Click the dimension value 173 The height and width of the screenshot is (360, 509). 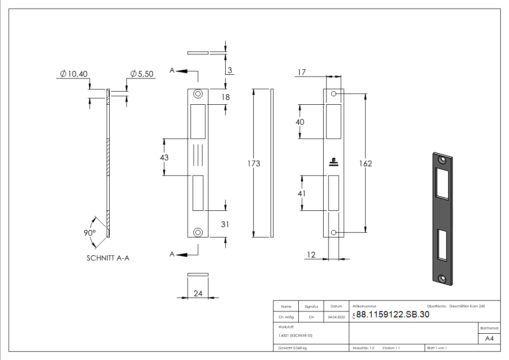pos(254,163)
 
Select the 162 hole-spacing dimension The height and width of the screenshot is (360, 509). pos(365,163)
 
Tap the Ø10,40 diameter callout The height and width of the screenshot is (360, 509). pos(75,74)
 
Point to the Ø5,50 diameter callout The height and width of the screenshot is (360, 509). pos(141,74)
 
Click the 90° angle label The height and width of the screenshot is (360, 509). pos(89,233)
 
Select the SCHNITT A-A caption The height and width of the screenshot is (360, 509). pos(108,258)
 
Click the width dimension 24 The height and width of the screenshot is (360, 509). pos(198,293)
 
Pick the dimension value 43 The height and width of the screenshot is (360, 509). pos(164,157)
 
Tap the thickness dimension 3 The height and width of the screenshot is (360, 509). pos(230,70)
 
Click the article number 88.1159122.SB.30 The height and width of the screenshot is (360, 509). pos(393,315)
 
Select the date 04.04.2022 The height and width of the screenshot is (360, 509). pos(336,317)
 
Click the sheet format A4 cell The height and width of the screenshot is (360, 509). pos(490,339)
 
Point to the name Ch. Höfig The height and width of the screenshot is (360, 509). pos(286,317)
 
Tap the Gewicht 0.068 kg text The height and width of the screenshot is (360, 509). pos(292,348)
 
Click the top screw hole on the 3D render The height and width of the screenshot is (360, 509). pos(441,160)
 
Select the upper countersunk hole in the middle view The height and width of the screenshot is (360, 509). pos(198,94)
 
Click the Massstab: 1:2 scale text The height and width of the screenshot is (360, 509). pos(363,348)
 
